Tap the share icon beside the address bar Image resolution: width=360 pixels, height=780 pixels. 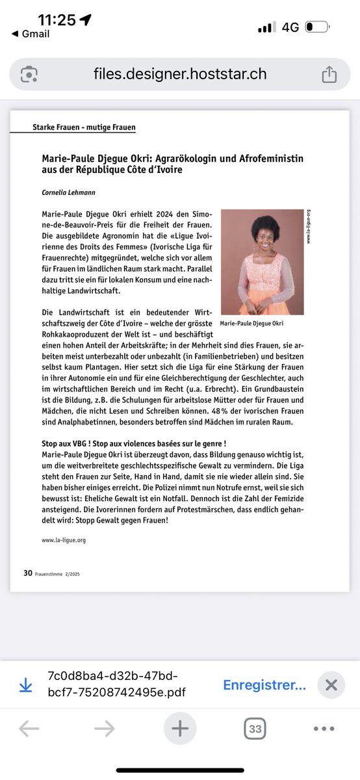[x=329, y=75]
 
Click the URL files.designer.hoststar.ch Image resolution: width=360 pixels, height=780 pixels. [x=179, y=74]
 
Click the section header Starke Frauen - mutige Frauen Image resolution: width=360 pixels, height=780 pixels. [x=84, y=127]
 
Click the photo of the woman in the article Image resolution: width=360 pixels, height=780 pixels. [x=262, y=262]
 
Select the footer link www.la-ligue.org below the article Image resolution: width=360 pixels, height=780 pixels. [x=64, y=539]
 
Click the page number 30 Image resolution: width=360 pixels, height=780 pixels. [x=28, y=573]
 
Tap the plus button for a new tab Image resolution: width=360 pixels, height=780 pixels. [x=179, y=729]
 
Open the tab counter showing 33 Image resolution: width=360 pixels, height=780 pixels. [x=255, y=729]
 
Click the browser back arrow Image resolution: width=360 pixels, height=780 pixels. [x=29, y=729]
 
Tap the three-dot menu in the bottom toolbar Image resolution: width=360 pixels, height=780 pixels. [x=324, y=729]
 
